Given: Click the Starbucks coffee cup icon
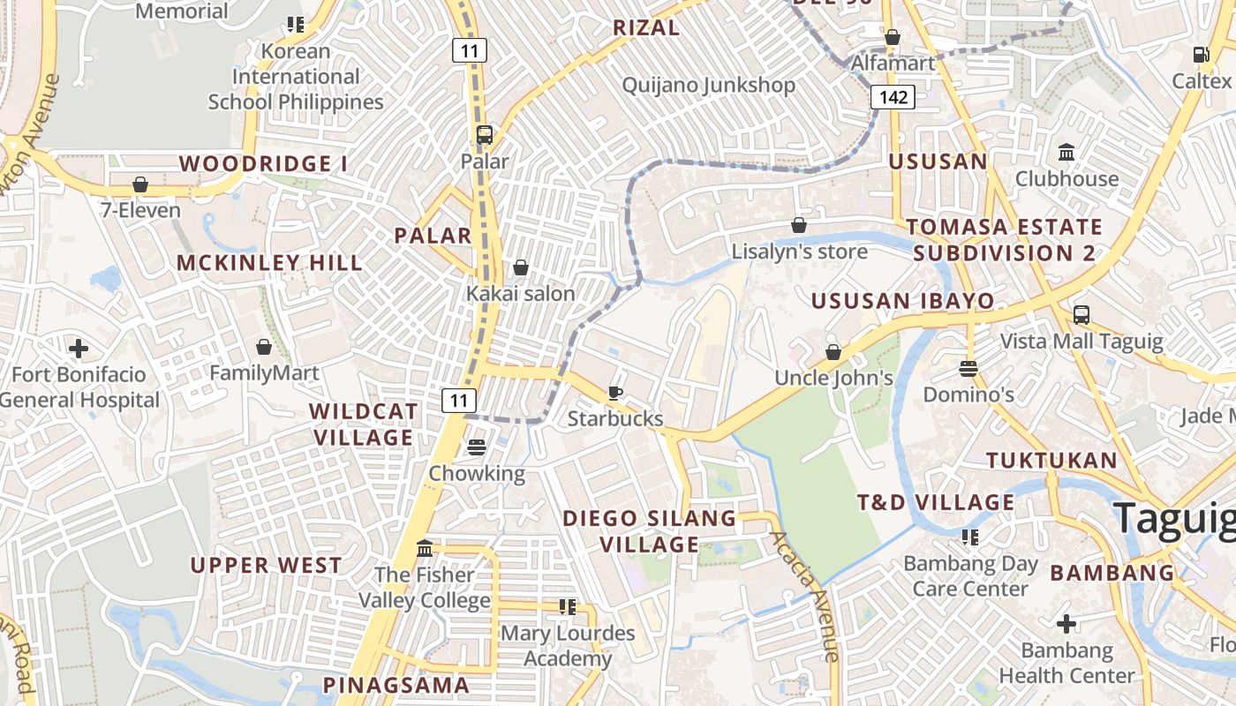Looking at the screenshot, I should pos(615,393).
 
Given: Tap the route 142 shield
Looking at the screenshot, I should pos(893,97).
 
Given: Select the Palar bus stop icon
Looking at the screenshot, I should pos(484,135).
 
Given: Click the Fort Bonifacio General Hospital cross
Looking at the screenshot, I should pos(79,349).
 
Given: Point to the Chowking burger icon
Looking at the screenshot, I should pos(477,447).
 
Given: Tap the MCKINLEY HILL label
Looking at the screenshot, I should pos(269,263).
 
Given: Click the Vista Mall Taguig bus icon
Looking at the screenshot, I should pos(1081,315).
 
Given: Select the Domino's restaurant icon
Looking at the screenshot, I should pos(968,368).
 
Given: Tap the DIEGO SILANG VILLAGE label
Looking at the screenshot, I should pos(649,531).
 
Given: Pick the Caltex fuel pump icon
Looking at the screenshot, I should pos(1201,55).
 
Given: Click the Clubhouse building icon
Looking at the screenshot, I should pos(1066,153).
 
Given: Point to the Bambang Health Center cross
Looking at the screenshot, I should pos(1066,625).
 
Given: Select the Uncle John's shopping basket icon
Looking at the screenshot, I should pos(833,352).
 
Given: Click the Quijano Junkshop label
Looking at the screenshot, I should pos(709,86).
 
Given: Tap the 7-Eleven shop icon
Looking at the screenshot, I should pos(139,184).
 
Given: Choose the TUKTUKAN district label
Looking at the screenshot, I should pos(1051,461).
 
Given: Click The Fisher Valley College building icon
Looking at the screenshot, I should pos(424,549).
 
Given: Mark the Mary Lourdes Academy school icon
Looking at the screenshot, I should pos(567,607).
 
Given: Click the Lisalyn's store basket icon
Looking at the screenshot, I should pos(799,225).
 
